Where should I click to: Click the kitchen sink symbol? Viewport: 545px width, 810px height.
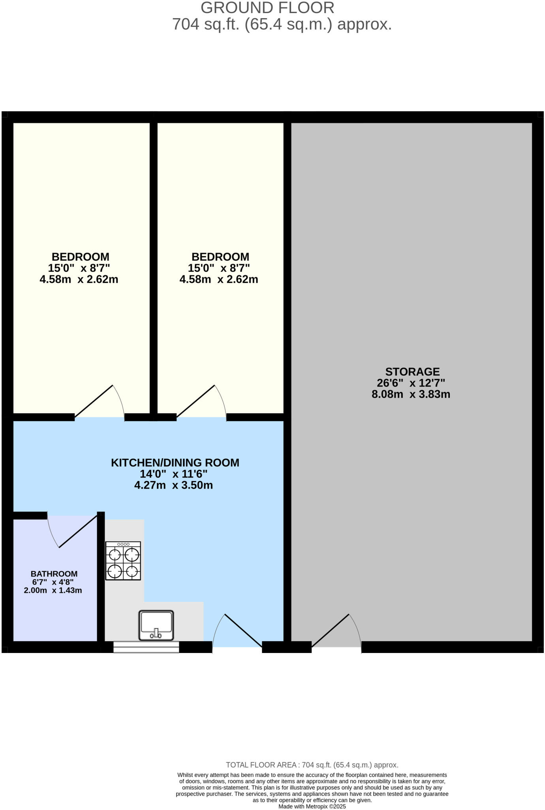(x=156, y=625)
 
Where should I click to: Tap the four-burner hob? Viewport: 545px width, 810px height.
(x=123, y=561)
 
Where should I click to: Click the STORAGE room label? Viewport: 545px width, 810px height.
(x=412, y=372)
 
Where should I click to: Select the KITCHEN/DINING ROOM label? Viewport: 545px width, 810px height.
(x=175, y=462)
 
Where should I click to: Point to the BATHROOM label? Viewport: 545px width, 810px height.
(x=54, y=573)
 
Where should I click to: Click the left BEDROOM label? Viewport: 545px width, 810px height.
(x=80, y=257)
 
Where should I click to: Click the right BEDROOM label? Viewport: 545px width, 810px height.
(x=220, y=257)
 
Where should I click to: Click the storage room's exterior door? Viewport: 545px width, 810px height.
(x=336, y=631)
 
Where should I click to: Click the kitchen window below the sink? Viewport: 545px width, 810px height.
(x=146, y=647)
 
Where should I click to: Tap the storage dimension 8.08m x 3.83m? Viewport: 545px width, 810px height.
(x=411, y=394)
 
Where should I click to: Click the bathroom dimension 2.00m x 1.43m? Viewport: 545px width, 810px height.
(x=53, y=590)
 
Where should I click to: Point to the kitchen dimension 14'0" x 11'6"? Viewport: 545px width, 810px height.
(x=174, y=474)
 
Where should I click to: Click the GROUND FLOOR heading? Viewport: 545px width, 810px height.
(x=267, y=8)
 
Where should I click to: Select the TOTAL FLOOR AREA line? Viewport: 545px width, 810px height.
(x=312, y=765)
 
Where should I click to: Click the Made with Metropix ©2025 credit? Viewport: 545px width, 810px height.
(x=312, y=806)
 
